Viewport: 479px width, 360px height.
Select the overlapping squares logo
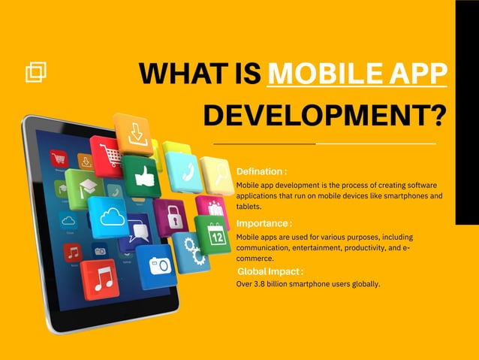coord(36,71)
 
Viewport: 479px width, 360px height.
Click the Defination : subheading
coord(261,172)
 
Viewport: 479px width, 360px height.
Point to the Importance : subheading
coord(264,224)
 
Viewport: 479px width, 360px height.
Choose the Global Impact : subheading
coord(270,271)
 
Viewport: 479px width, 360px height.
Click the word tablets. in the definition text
coord(249,206)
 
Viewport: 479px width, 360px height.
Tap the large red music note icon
coord(101,278)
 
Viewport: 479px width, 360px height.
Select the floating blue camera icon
coord(158,265)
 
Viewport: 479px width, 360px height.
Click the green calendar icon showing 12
coord(212,234)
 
